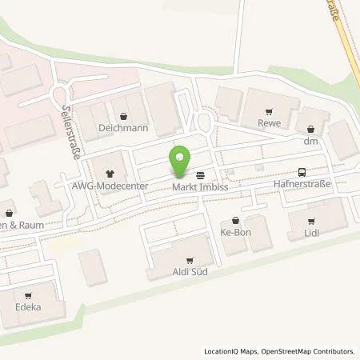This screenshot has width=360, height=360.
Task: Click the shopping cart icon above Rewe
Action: pos(269,112)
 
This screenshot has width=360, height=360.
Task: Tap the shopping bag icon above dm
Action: pos(310,129)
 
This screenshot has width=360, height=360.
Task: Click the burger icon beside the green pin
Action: pos(198,174)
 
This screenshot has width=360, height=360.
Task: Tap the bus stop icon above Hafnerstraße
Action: pos(301,172)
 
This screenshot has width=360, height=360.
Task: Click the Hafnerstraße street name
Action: pos(302,185)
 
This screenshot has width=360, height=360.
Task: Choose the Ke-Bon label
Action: pos(234,233)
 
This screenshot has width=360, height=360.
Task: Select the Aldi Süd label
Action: pos(190,272)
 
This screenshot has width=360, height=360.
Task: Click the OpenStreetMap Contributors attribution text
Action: pos(310,351)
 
